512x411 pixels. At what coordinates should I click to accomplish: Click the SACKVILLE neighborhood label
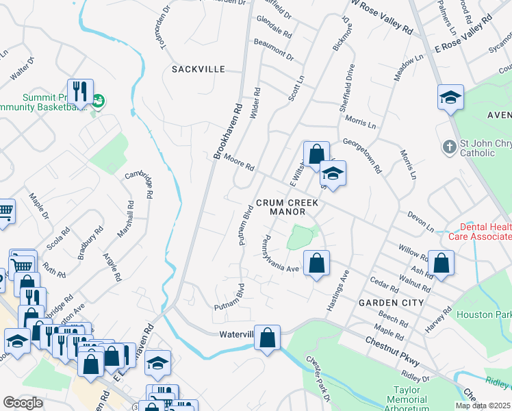tap(198, 69)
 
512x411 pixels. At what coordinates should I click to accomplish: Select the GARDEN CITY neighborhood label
tap(387, 302)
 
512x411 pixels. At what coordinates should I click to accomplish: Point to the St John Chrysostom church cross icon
tap(448, 147)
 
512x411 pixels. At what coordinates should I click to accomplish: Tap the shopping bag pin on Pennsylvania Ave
tap(316, 264)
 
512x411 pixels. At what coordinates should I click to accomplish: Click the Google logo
tap(23, 403)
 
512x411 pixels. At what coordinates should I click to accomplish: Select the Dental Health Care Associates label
tap(479, 231)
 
